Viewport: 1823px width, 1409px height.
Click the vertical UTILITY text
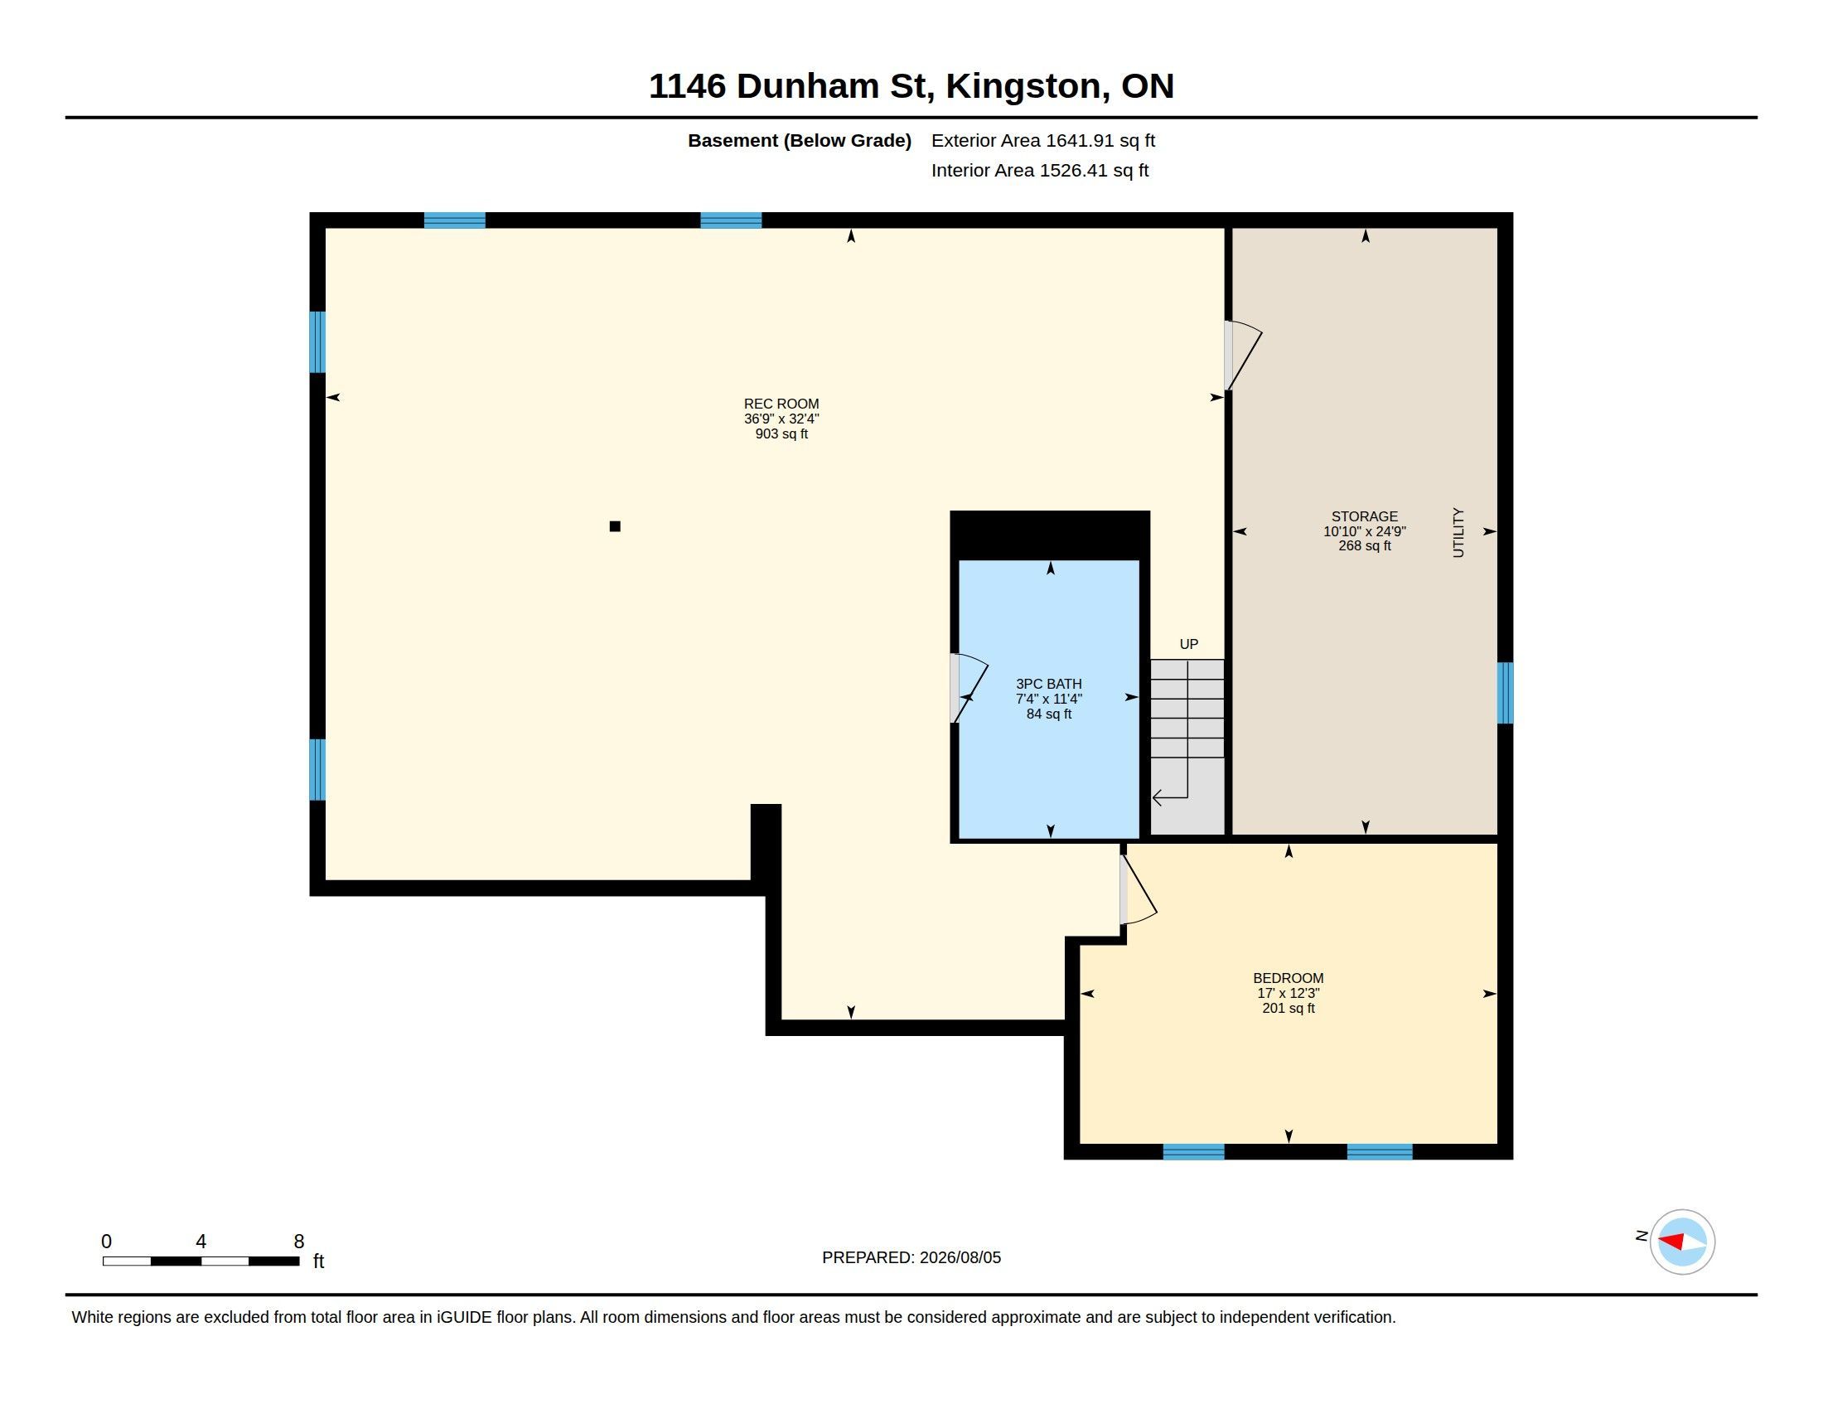click(x=1458, y=533)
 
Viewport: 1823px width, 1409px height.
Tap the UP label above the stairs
click(x=1188, y=644)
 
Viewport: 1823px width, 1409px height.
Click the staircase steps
click(x=1187, y=709)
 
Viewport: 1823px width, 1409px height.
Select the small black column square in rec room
click(x=615, y=525)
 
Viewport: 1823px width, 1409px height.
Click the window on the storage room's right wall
click(x=1504, y=693)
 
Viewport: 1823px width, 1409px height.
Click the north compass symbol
click(x=1682, y=1242)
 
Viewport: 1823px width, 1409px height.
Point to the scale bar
click(x=201, y=1261)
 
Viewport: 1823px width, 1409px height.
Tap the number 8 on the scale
click(x=299, y=1242)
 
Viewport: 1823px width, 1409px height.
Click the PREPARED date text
click(x=911, y=1257)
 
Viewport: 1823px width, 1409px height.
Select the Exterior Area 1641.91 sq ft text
click(x=1043, y=140)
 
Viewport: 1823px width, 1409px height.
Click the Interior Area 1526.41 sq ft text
click(x=1040, y=170)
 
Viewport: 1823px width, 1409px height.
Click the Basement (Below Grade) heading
click(x=800, y=141)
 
